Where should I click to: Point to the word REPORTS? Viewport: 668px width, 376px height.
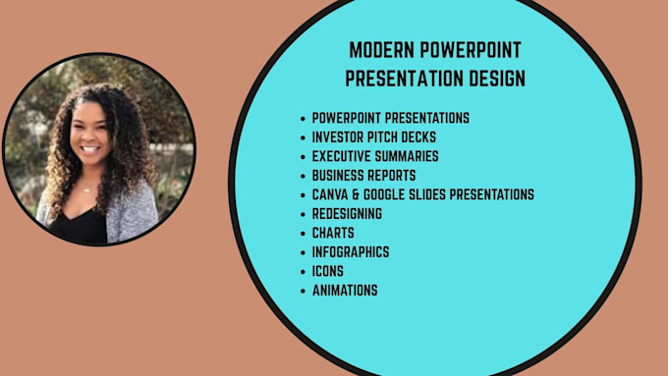pos(392,176)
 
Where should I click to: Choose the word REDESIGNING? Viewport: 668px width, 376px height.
pos(347,214)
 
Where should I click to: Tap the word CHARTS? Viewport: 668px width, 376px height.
pos(333,233)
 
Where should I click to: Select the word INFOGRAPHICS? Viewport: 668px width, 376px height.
pos(351,252)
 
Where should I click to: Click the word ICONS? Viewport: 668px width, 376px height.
pos(327,271)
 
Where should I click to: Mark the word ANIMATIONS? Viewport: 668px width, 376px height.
pos(345,291)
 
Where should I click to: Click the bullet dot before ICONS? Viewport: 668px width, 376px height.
pos(303,272)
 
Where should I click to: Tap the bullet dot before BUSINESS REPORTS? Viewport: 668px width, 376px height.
pos(303,177)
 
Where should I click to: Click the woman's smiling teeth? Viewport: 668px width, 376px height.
pos(90,149)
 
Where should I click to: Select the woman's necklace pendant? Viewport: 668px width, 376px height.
pos(86,189)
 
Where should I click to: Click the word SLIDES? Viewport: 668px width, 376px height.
pos(427,194)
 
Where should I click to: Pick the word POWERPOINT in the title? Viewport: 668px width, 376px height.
pos(471,50)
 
